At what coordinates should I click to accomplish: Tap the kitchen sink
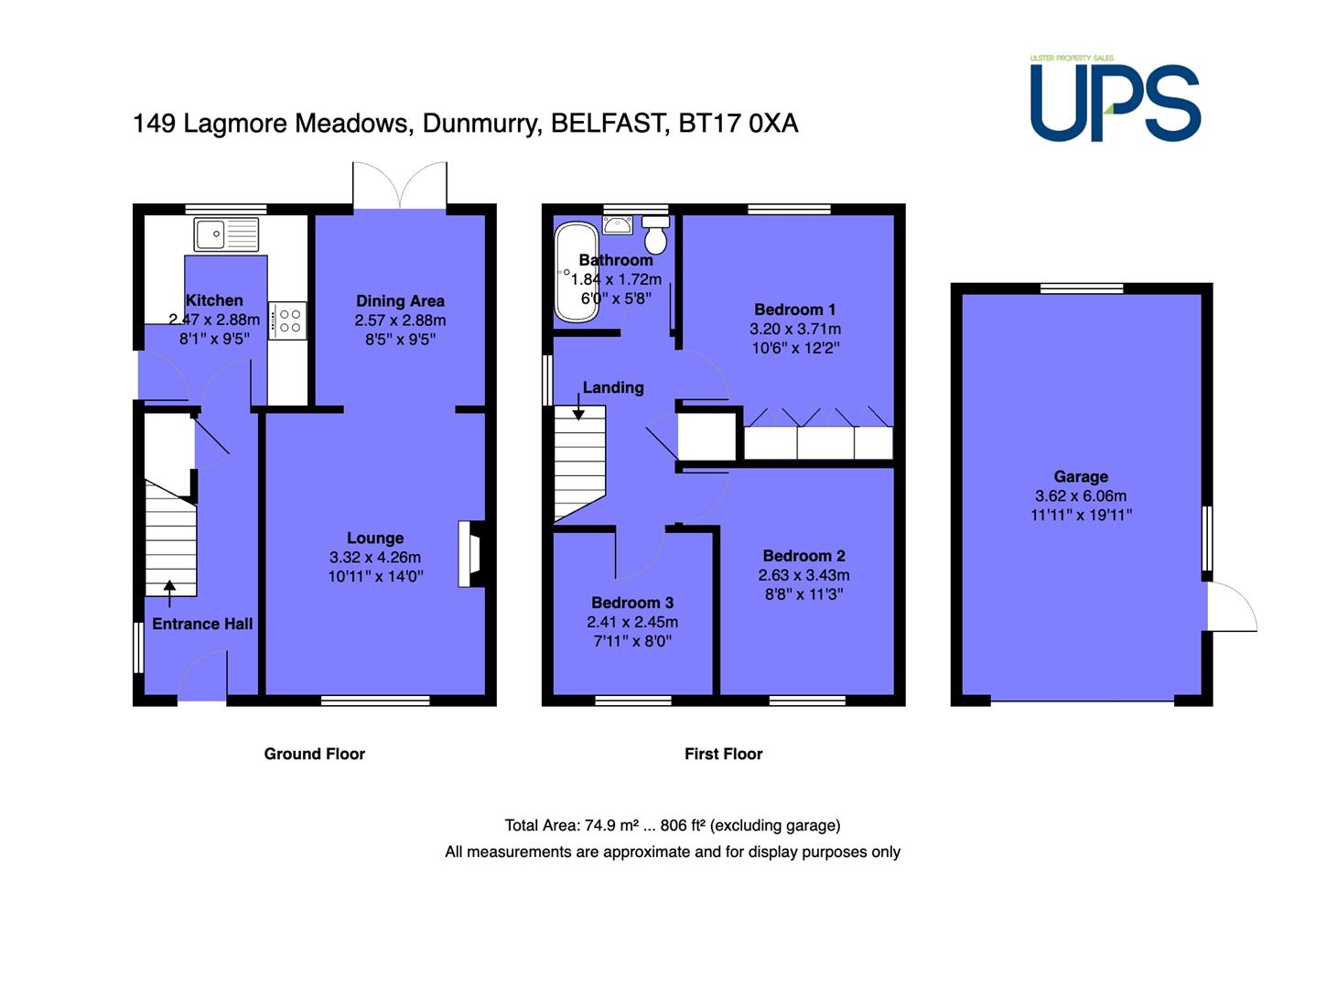point(226,234)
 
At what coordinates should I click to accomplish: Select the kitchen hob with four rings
point(287,321)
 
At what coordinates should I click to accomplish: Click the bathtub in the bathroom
point(577,272)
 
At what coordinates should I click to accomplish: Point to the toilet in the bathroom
point(655,235)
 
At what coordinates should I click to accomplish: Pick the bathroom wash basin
point(618,225)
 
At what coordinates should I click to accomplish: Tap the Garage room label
point(1081,477)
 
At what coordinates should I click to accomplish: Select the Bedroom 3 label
point(632,603)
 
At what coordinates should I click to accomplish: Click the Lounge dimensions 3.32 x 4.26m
point(375,558)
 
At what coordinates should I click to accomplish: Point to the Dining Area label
point(400,301)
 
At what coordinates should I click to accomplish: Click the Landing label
point(613,387)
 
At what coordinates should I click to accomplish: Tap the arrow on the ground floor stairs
point(170,593)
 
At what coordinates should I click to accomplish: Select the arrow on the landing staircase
point(578,407)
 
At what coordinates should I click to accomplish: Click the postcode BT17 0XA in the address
point(739,124)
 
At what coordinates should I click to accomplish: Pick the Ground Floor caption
point(315,754)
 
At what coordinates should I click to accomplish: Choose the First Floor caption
point(723,754)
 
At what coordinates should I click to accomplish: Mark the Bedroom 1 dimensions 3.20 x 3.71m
point(795,329)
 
